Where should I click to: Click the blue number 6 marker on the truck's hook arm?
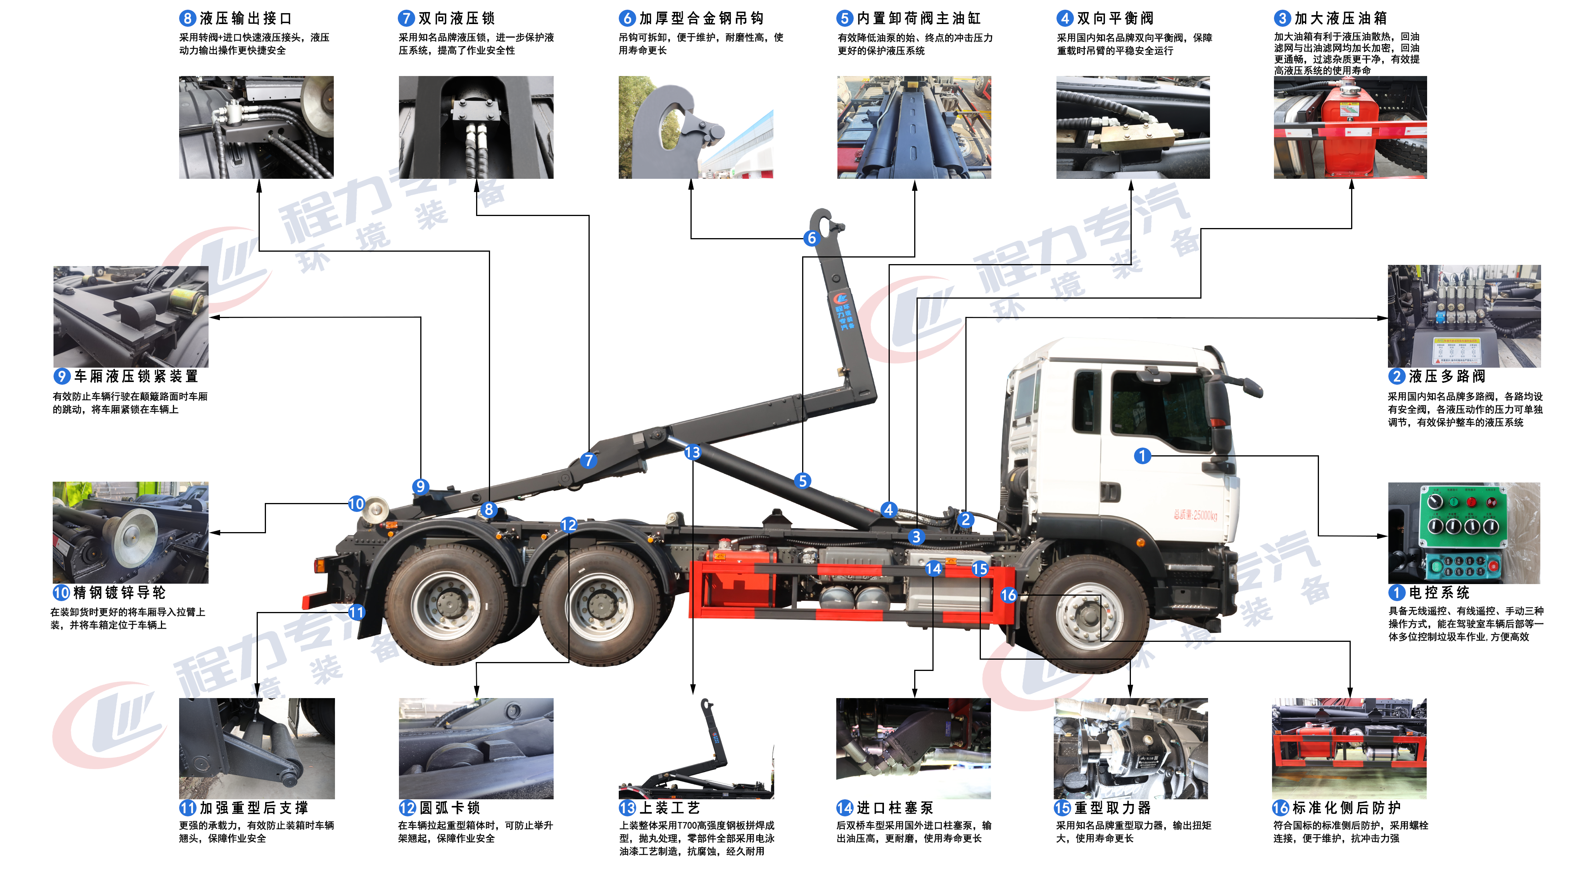(x=811, y=238)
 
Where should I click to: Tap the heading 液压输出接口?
(x=245, y=19)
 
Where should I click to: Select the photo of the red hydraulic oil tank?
(x=1350, y=128)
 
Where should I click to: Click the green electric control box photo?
(x=1464, y=533)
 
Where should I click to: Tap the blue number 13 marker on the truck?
(x=692, y=452)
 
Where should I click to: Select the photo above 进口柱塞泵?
(x=913, y=748)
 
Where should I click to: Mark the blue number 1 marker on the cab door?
(x=1142, y=456)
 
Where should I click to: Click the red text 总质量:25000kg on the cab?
(x=1195, y=515)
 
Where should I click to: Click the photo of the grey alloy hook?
(x=696, y=128)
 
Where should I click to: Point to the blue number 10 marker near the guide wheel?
(x=356, y=503)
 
